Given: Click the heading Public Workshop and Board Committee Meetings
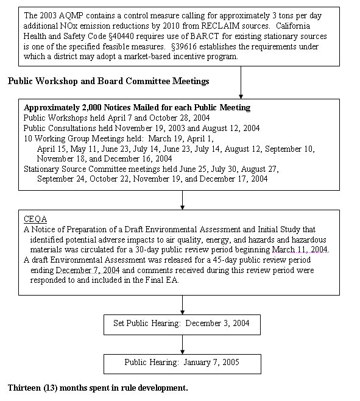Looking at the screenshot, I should click(x=108, y=81).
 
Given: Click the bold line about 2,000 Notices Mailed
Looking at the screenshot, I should click(x=137, y=108).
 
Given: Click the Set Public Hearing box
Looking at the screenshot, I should click(x=182, y=324).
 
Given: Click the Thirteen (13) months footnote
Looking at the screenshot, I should click(x=98, y=387).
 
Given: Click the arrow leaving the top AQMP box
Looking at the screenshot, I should click(x=241, y=80).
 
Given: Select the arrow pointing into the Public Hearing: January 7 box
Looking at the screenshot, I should click(x=182, y=344).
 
